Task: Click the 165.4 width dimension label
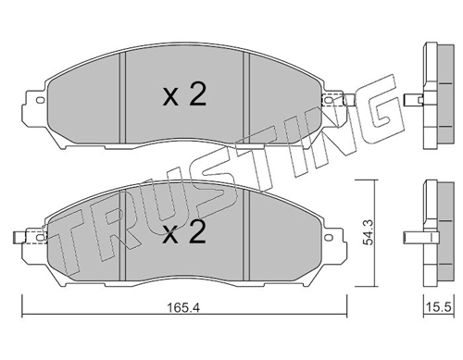point(183,307)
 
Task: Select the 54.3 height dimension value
point(369,232)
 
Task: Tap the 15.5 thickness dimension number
point(439,307)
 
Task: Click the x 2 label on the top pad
point(184,95)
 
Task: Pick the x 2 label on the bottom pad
point(184,232)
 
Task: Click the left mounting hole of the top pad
point(41,100)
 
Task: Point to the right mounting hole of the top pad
point(329,100)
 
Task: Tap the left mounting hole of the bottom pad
point(41,237)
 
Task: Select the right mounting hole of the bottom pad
point(329,237)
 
